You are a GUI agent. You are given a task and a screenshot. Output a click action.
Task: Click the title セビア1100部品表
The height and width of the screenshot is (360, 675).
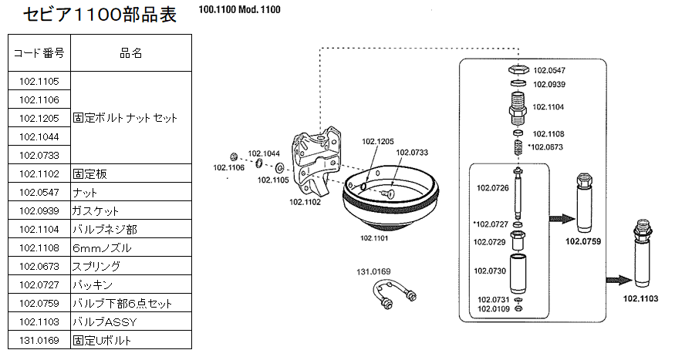tap(100, 15)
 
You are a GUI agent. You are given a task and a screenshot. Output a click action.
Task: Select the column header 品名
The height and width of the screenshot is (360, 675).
tap(131, 53)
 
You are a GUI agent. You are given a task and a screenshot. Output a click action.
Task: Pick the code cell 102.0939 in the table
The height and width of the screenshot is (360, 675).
tap(39, 210)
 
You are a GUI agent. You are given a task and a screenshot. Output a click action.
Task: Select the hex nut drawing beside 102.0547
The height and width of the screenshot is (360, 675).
tap(518, 69)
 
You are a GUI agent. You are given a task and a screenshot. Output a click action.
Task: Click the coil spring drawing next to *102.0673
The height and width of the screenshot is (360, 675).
tap(518, 147)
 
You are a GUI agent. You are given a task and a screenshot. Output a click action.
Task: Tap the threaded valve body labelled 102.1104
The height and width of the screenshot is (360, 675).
tap(518, 107)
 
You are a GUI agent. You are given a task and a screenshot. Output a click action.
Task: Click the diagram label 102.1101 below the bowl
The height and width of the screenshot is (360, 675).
tap(373, 238)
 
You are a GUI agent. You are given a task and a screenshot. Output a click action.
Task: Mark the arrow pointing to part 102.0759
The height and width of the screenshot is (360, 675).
tap(562, 219)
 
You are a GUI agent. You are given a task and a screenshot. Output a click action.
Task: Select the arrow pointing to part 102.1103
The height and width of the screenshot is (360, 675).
tap(619, 281)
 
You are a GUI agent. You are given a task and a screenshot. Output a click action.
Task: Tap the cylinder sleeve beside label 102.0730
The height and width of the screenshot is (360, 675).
tap(518, 273)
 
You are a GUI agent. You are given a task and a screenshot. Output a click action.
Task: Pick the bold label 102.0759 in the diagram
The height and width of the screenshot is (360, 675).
tap(583, 241)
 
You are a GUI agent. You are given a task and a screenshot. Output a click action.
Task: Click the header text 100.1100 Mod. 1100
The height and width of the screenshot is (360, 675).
tap(239, 9)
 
